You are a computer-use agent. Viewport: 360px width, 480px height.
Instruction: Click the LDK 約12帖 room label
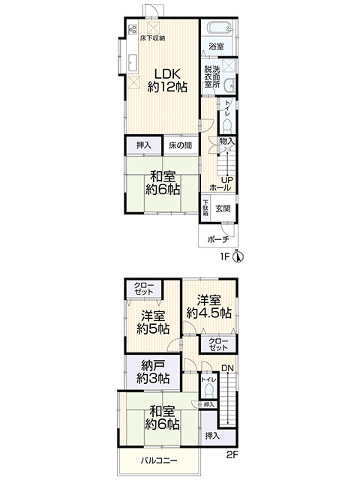coord(167,80)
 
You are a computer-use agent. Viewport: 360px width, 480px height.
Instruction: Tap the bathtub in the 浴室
coord(220,28)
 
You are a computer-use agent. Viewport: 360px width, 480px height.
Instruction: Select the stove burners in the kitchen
coord(133,30)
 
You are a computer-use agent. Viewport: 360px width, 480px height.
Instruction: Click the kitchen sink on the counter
coord(133,64)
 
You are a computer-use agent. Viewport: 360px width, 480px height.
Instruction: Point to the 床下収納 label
coord(153,38)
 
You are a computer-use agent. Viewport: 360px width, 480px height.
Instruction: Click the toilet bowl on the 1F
coord(227,126)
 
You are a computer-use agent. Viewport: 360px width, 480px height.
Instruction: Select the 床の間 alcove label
coord(180,145)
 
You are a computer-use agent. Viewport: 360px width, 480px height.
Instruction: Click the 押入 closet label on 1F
coord(143,145)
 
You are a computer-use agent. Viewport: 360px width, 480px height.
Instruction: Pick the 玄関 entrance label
coord(223,208)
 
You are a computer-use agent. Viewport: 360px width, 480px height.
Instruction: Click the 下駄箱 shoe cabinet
coord(205,208)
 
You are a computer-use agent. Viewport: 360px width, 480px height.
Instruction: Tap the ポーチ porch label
coord(218,239)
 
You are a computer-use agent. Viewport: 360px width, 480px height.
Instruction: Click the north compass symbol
coord(238,256)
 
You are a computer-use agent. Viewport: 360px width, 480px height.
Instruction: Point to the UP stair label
coord(227,180)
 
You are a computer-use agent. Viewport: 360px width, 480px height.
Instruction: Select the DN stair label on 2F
coord(227,368)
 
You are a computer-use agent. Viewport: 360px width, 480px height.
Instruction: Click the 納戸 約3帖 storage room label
coord(153,372)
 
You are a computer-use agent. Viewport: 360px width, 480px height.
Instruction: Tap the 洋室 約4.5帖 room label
coord(208,307)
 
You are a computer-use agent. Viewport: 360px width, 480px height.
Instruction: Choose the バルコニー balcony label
coord(159,460)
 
